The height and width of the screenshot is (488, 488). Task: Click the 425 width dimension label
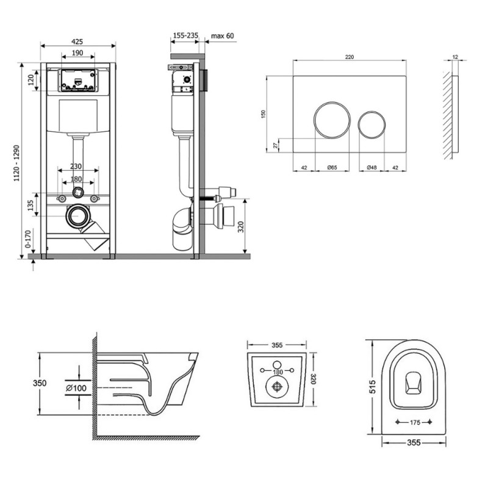(x=77, y=41)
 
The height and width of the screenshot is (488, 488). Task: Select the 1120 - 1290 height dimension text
(x=16, y=163)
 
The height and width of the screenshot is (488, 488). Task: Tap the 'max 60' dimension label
(x=222, y=36)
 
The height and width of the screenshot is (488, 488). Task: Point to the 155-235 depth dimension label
(x=185, y=35)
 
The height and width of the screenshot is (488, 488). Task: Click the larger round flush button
(x=332, y=120)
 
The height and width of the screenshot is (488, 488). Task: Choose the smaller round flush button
(x=371, y=124)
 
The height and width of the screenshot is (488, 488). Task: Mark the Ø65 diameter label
(x=332, y=167)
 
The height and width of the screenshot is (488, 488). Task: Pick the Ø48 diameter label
(x=371, y=167)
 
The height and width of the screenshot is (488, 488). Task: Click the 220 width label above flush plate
(x=350, y=57)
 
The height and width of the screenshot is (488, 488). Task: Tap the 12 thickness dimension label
(x=455, y=57)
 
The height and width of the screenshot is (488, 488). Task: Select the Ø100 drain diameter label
(x=76, y=388)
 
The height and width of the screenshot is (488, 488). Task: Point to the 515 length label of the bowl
(x=372, y=386)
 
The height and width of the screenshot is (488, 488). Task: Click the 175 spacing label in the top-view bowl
(x=415, y=422)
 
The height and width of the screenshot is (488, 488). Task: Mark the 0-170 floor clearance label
(x=28, y=239)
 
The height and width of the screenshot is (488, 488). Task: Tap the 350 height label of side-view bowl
(x=40, y=383)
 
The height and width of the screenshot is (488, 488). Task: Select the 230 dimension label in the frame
(x=76, y=166)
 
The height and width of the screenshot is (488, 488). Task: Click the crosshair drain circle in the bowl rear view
(x=277, y=387)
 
